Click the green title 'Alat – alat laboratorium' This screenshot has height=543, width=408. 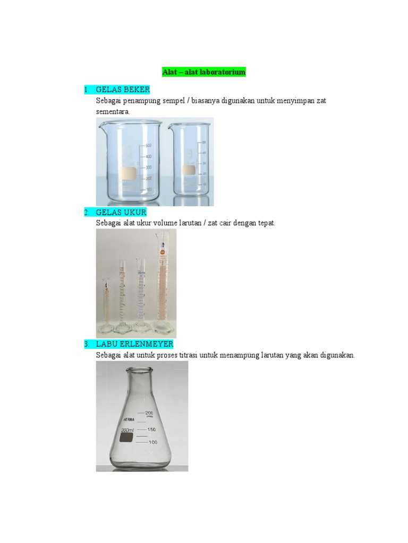(203, 72)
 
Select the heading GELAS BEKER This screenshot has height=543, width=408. (123, 89)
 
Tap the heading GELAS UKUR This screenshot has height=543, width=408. (121, 213)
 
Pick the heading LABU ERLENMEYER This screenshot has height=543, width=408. (134, 344)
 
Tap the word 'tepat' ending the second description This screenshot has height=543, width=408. (266, 223)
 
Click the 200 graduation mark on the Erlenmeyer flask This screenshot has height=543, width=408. (149, 413)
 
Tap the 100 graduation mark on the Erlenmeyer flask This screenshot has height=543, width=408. (152, 442)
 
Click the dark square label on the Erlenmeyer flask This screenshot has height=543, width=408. (126, 437)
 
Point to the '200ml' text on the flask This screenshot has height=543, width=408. (127, 430)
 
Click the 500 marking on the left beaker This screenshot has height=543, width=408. (148, 145)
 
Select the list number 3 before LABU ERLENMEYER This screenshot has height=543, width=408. (86, 344)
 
